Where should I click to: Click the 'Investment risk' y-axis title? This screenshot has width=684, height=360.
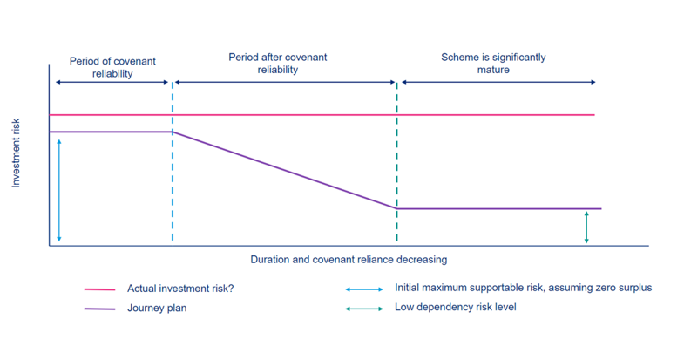[16, 153]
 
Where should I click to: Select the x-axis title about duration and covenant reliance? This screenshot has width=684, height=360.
[349, 260]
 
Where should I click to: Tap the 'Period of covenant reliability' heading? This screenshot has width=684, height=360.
[112, 67]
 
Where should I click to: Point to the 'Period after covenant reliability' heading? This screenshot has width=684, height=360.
[277, 64]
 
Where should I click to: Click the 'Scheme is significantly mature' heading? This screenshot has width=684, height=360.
[493, 64]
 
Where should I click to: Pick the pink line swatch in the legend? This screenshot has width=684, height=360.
[99, 289]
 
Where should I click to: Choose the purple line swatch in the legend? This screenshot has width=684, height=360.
[99, 309]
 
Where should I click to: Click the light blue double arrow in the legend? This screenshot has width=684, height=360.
[364, 289]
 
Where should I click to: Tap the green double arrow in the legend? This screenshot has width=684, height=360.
[364, 309]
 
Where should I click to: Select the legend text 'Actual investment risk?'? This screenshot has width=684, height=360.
[180, 289]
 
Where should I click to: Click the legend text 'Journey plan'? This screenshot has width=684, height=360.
[157, 308]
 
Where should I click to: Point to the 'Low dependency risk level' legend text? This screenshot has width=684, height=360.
[456, 307]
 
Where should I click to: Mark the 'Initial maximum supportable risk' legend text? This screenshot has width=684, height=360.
[523, 288]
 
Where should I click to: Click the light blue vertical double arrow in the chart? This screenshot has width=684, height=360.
[59, 191]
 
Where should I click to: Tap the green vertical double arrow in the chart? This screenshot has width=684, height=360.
[586, 228]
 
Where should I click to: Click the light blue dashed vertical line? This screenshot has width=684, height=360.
[173, 161]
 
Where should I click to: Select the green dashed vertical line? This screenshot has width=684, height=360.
[396, 162]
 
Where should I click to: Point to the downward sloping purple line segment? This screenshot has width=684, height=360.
[284, 170]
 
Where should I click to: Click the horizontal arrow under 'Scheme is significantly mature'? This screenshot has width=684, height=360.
[498, 82]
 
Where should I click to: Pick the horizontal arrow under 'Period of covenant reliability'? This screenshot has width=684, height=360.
[112, 82]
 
